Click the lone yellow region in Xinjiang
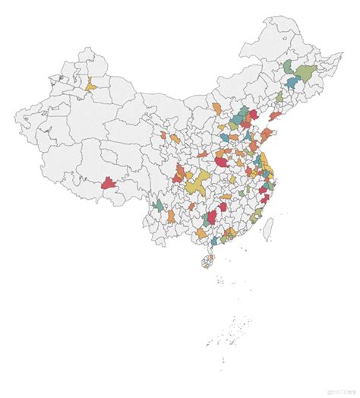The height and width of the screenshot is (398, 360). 90,85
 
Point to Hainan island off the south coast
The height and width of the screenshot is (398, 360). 205,263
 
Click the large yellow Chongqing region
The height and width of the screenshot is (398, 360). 199,182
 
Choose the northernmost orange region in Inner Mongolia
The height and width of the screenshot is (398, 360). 216,108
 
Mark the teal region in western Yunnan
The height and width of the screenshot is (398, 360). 159,205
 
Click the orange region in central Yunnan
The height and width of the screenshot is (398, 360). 172,216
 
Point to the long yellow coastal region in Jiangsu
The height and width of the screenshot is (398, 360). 269,163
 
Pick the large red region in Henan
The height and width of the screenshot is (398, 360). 223,161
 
